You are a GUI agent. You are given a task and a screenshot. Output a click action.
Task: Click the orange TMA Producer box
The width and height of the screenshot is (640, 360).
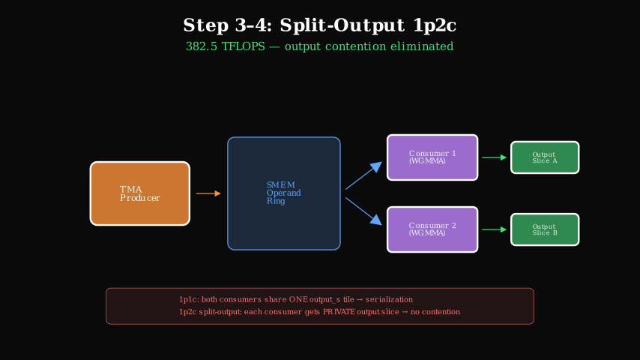(139, 193)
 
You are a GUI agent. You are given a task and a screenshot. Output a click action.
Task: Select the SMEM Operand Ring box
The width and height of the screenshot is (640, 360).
(284, 193)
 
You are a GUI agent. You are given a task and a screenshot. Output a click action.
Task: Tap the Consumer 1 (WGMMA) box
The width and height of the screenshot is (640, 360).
(432, 157)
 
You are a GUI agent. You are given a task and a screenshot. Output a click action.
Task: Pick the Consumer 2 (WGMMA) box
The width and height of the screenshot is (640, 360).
(432, 229)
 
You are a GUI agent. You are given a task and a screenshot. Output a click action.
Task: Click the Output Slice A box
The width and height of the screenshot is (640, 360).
(545, 157)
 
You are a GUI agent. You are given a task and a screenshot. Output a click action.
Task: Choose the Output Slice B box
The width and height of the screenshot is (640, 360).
(545, 229)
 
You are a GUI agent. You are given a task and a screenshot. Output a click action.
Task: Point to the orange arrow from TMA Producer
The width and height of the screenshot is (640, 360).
(208, 193)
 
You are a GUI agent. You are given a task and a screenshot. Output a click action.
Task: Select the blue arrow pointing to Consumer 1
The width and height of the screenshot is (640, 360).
(363, 176)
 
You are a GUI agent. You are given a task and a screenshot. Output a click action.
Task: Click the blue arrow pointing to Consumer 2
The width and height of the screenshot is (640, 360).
(363, 211)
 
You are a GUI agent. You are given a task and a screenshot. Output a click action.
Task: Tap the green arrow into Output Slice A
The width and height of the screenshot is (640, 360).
(494, 157)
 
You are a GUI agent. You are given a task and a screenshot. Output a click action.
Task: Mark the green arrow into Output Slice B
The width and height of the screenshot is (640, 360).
(494, 229)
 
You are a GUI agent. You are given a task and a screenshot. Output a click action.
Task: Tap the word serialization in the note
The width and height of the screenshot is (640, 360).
(386, 299)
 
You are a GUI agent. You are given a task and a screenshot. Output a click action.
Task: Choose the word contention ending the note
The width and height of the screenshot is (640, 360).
(438, 311)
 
